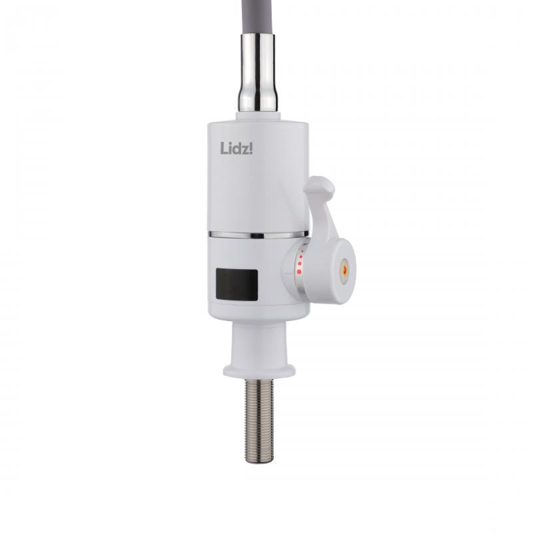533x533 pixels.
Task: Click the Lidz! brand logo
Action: click(x=237, y=148)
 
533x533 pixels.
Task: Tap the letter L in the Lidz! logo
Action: click(x=224, y=148)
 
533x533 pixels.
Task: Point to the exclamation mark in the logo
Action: click(x=251, y=148)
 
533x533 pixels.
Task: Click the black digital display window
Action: click(x=237, y=284)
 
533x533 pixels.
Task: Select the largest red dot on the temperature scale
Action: click(x=299, y=271)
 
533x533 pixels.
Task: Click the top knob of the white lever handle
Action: click(x=320, y=188)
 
